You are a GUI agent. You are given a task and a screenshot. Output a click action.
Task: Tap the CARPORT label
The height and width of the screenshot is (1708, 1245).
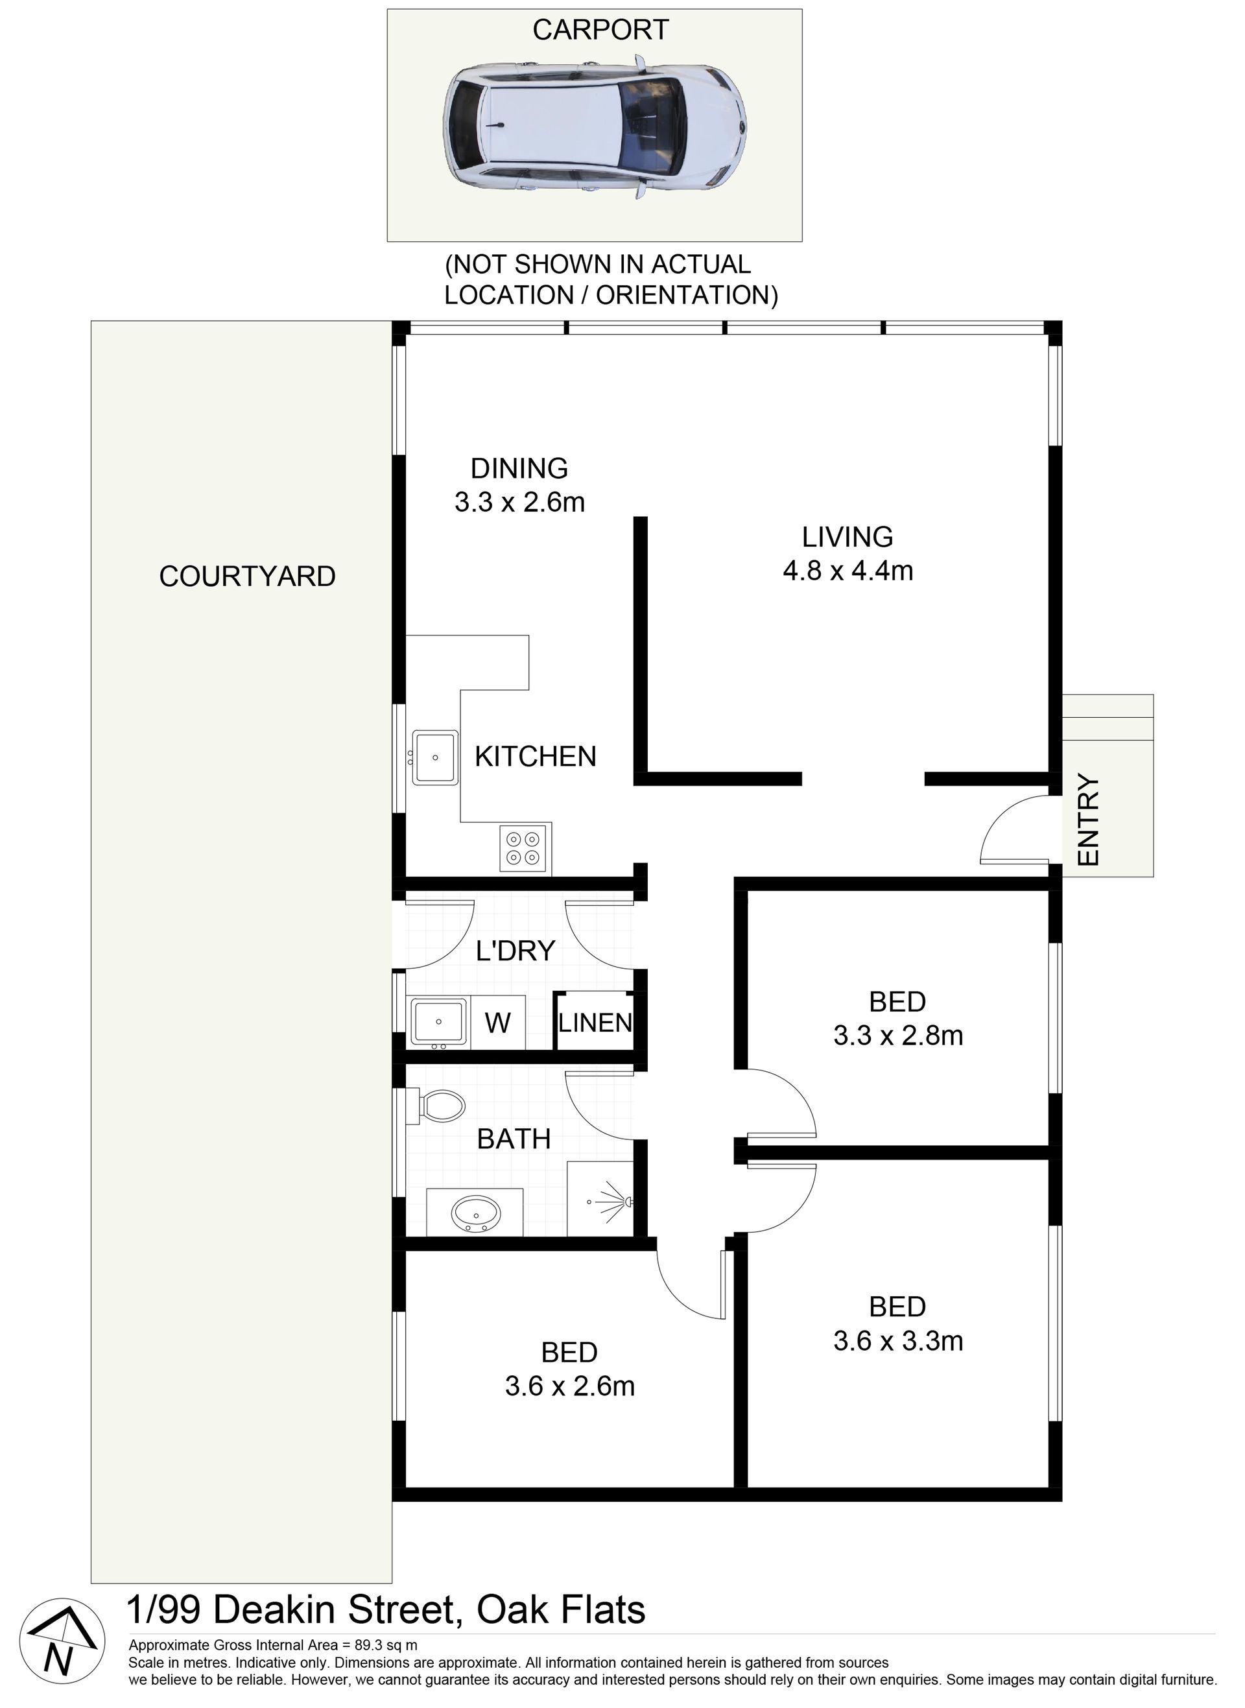tap(600, 30)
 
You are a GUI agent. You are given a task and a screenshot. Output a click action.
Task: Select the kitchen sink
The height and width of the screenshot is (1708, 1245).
tap(435, 757)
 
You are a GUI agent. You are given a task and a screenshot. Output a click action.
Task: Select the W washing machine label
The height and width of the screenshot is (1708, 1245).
tap(497, 1023)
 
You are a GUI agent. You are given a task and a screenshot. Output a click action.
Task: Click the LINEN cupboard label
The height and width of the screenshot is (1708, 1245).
tap(595, 1023)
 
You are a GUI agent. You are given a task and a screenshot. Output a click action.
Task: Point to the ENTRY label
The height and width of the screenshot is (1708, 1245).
tap(1090, 820)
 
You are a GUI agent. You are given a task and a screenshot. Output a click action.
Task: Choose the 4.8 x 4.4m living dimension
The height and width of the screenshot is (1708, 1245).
tap(848, 571)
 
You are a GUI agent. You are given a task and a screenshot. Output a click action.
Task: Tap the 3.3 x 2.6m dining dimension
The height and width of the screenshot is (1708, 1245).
tap(519, 502)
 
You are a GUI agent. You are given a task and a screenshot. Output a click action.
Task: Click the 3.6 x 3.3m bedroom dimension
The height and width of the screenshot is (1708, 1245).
tap(898, 1340)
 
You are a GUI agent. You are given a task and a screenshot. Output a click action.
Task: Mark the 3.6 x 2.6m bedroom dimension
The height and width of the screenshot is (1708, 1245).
tap(570, 1386)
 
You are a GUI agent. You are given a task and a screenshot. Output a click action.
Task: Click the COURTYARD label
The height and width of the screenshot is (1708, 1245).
tap(247, 576)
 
